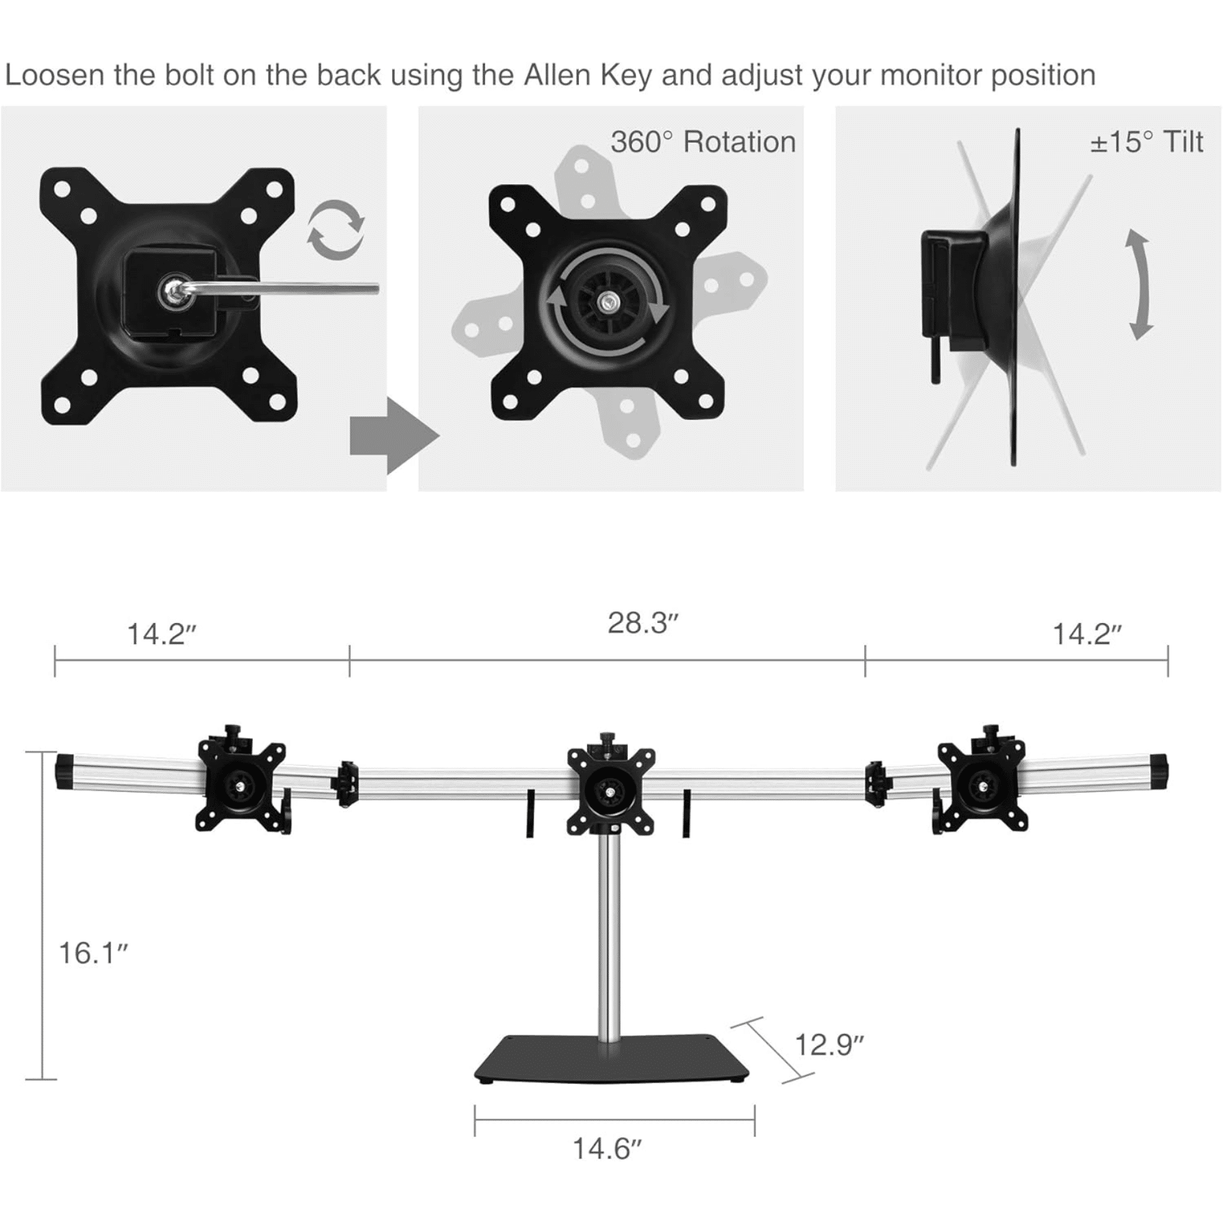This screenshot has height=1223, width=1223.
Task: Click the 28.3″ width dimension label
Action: (643, 623)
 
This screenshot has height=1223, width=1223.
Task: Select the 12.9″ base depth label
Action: (829, 1044)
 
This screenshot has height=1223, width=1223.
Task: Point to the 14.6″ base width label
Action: (607, 1149)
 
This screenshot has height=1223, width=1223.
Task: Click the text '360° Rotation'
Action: (703, 142)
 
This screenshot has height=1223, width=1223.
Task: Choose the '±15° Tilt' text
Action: (1146, 142)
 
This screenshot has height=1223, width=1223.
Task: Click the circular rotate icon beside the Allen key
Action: (336, 230)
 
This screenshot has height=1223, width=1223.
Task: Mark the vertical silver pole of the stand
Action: (609, 938)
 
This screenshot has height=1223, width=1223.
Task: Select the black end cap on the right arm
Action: (1158, 771)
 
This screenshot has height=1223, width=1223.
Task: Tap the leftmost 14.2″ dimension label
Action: (161, 634)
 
